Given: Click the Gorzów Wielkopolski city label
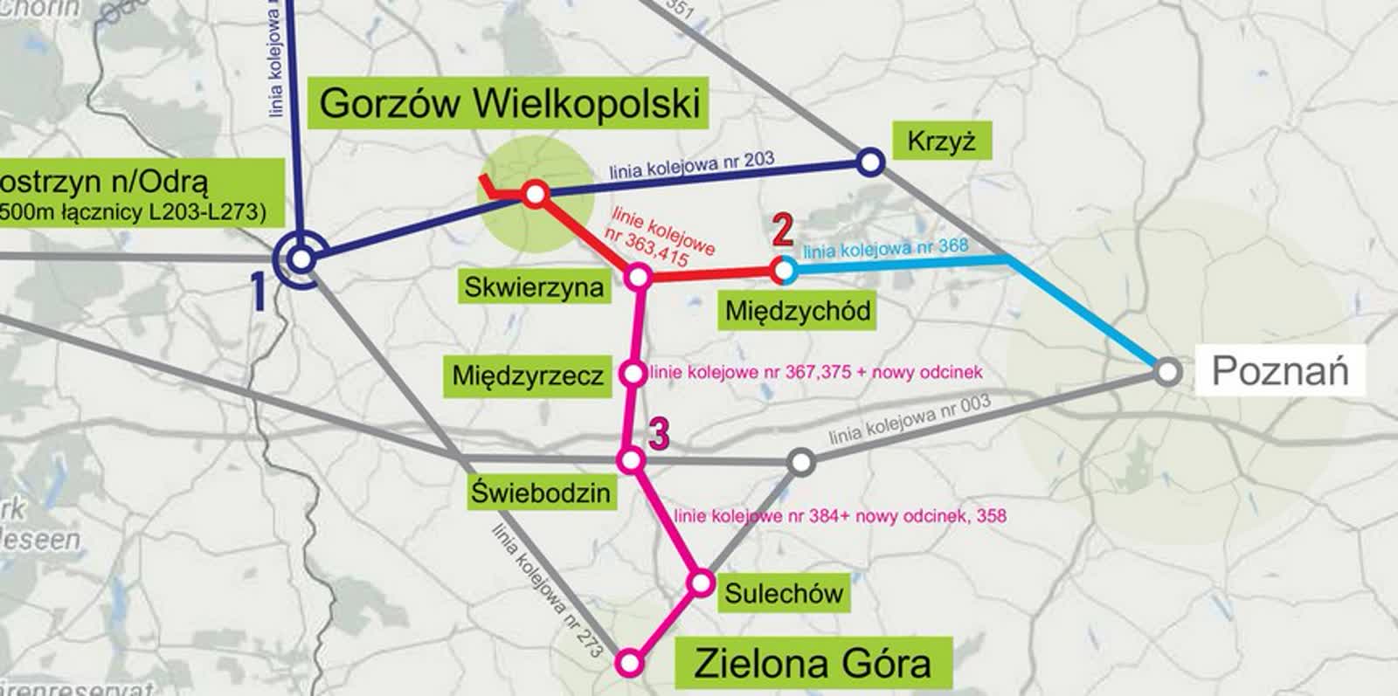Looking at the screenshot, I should (x=509, y=103).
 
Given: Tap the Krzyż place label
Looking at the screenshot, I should (x=941, y=141).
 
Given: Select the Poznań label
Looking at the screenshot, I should (x=1280, y=371).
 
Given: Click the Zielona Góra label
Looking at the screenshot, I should (x=812, y=664).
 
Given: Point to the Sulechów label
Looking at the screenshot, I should (x=784, y=594).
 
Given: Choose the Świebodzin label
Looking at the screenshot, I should (x=541, y=493).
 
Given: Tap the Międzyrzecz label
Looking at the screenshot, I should (x=528, y=376).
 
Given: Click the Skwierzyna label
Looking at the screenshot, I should (x=534, y=287).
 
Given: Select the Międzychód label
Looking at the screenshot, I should (x=798, y=310).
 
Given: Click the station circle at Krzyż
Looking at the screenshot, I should (x=869, y=162).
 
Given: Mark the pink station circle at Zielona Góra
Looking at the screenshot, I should (x=629, y=664).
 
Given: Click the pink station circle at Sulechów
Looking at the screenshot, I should (x=701, y=582).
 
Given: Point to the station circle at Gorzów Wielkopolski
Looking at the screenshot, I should (x=535, y=193).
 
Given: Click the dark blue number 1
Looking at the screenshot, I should (x=259, y=292).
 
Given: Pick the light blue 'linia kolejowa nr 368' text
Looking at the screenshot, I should (x=885, y=249).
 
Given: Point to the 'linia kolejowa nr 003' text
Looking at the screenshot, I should (x=909, y=419).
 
